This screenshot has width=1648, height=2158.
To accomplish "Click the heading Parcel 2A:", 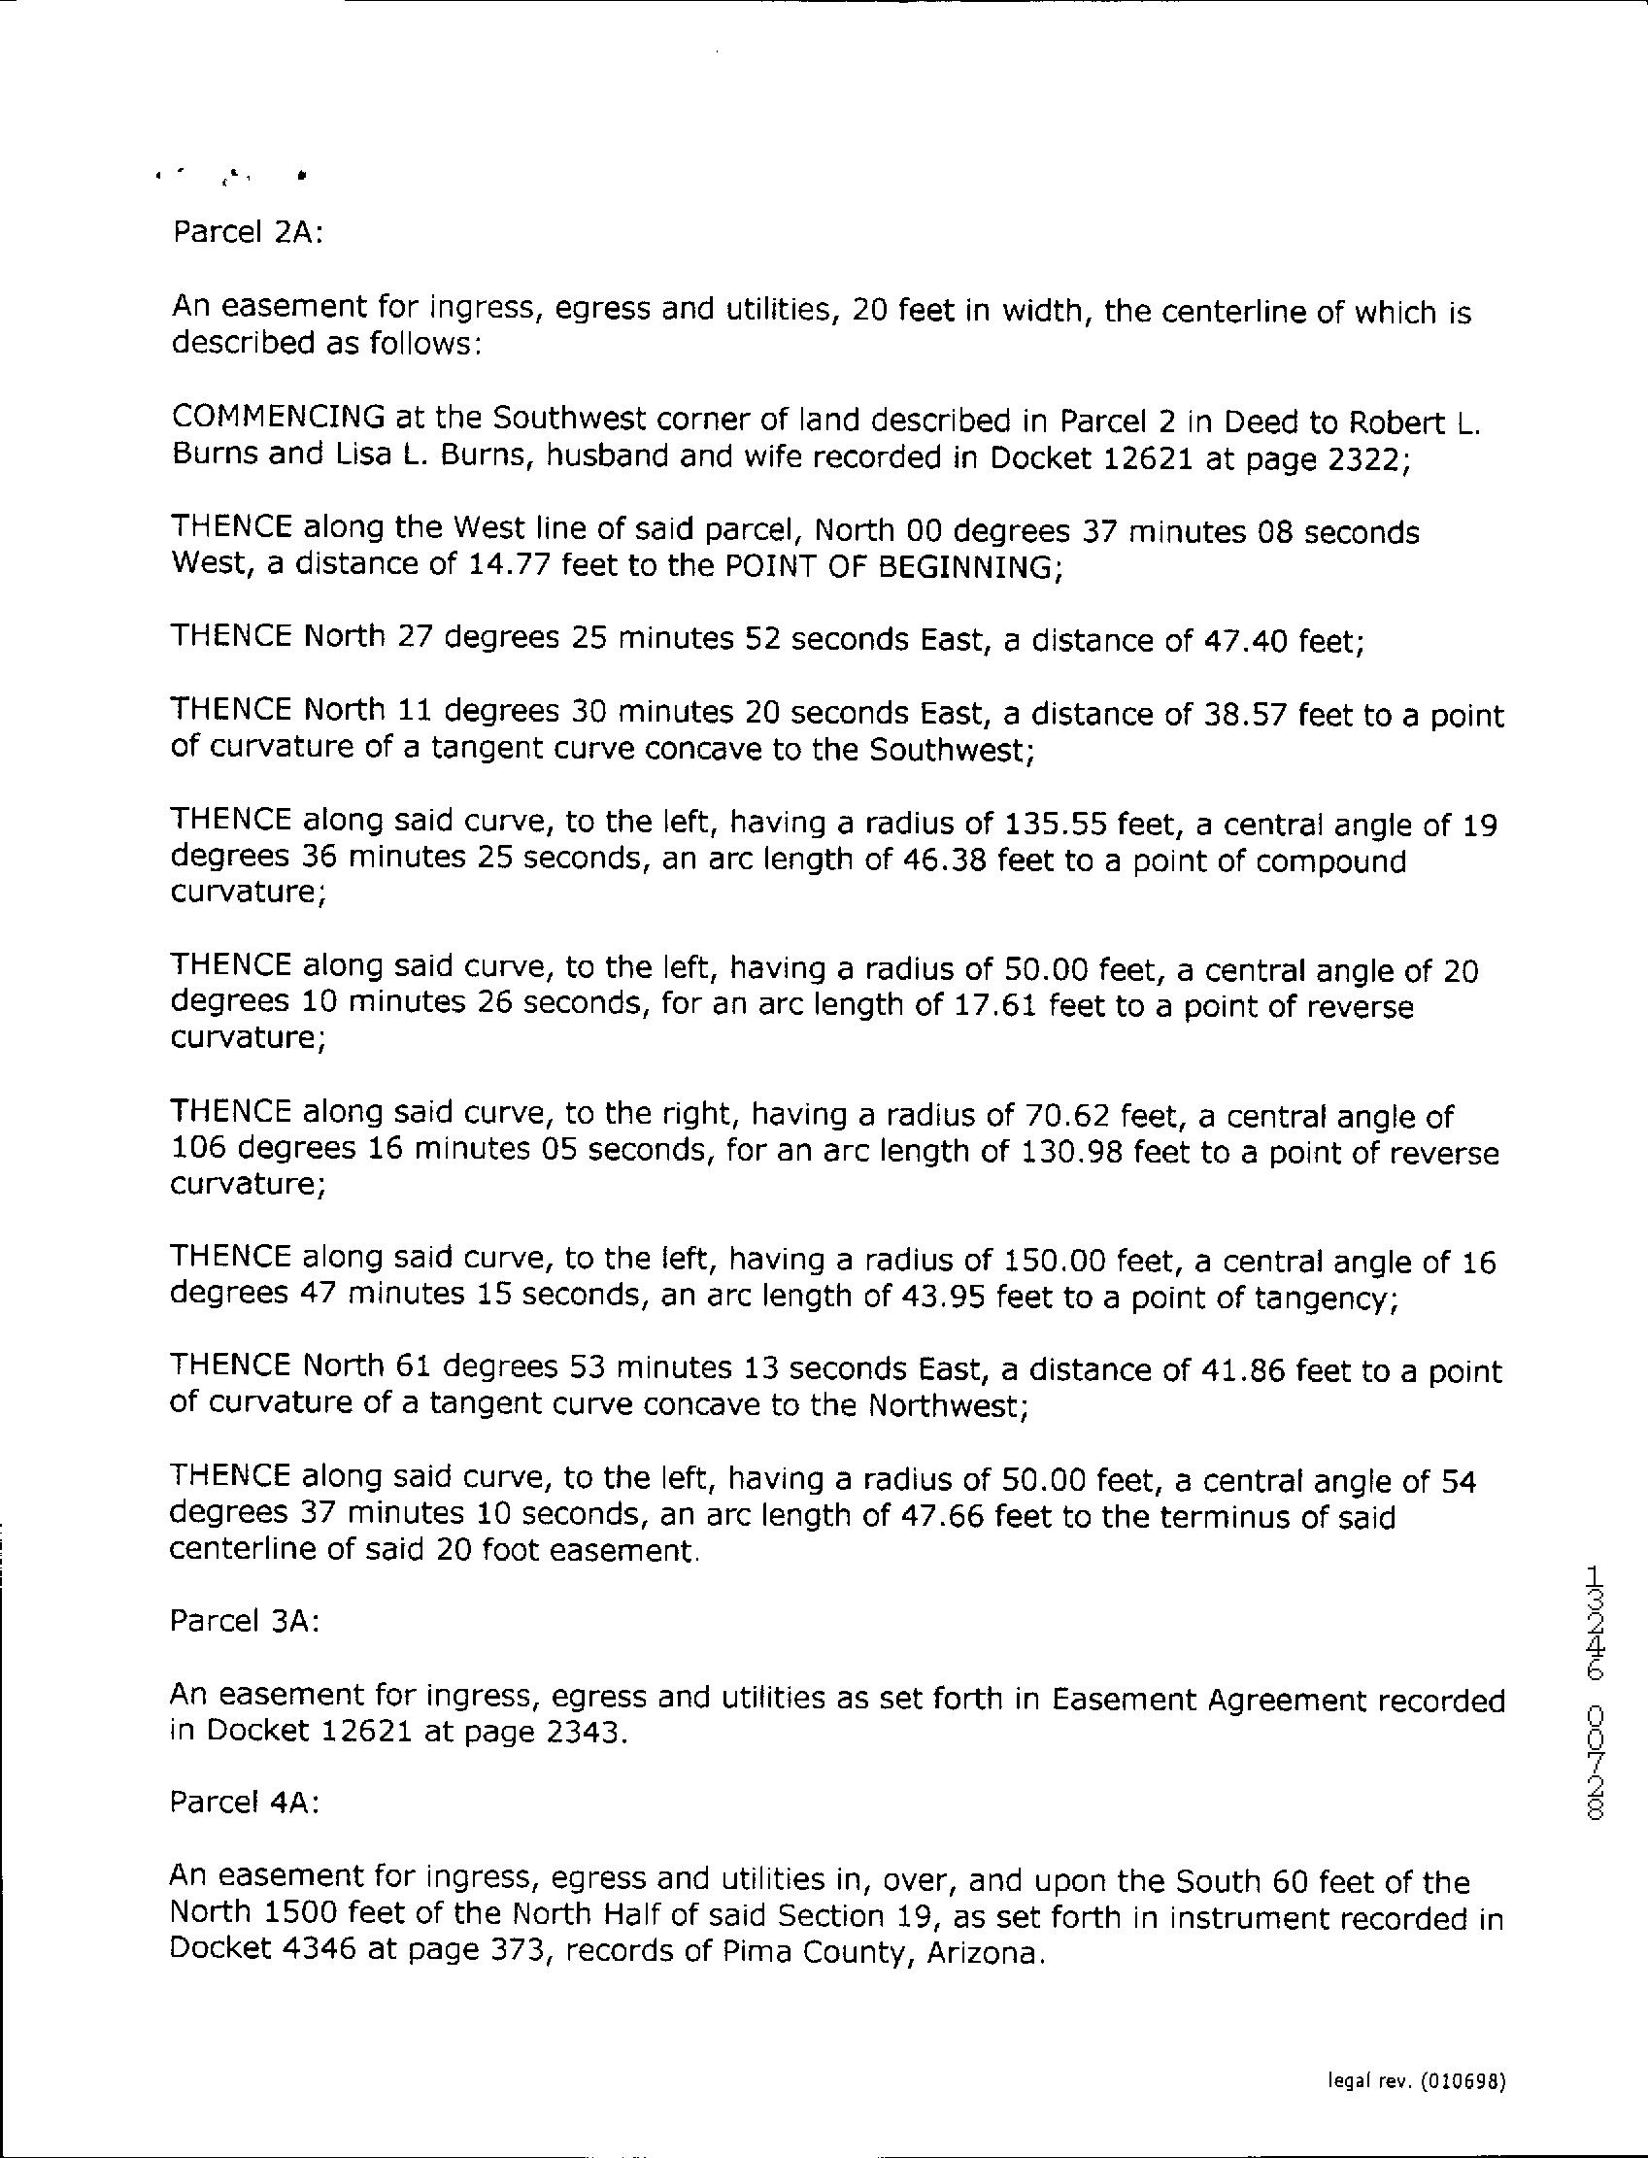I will (x=248, y=233).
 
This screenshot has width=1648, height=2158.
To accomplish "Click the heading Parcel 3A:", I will (x=245, y=1622).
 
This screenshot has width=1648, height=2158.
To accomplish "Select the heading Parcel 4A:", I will (x=245, y=1803).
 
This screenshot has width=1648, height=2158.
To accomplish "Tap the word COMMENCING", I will (x=279, y=418).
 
